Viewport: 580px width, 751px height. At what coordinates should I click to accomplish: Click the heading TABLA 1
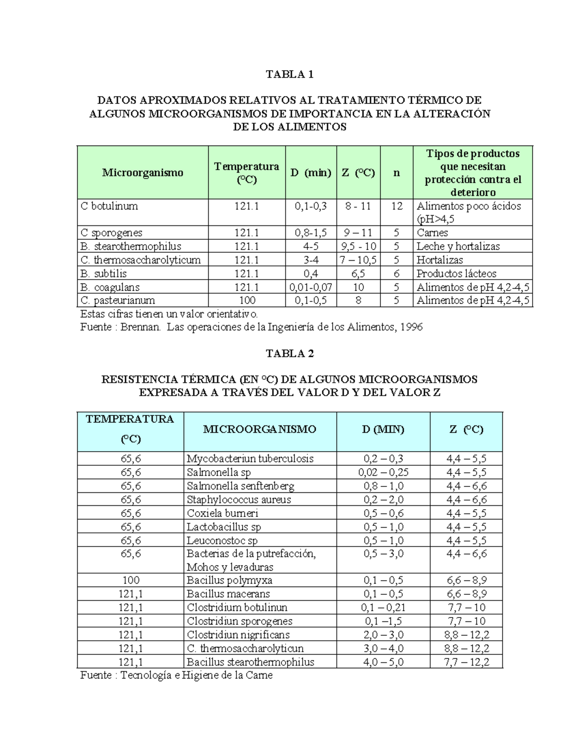(290, 74)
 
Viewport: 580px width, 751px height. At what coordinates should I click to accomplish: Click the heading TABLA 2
(290, 353)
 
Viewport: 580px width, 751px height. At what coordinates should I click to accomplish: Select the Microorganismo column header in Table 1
(143, 173)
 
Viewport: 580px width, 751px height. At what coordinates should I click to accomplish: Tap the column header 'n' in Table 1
(396, 173)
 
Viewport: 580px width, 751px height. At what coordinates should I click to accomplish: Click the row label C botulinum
(109, 206)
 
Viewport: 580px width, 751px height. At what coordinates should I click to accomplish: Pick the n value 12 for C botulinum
(396, 206)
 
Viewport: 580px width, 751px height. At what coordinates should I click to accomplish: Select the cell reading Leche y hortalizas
(458, 246)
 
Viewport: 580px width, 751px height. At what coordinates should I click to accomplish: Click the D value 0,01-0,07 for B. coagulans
(311, 287)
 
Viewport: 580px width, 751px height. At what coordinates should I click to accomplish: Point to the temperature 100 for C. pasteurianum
(246, 300)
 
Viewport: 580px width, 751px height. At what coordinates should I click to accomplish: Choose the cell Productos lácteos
(456, 274)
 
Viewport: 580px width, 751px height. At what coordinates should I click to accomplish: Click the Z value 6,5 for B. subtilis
(358, 274)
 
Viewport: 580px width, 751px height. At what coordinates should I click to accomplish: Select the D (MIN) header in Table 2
(383, 429)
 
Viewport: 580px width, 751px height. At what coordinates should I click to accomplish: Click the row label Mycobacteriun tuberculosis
(250, 458)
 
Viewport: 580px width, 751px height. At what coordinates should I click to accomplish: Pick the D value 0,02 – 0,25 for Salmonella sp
(383, 472)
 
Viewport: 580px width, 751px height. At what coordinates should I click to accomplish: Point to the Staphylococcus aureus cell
(239, 500)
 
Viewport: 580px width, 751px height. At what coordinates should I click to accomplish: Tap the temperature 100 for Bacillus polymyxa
(130, 580)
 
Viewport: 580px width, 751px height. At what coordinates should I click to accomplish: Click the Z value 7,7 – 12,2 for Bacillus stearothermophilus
(466, 662)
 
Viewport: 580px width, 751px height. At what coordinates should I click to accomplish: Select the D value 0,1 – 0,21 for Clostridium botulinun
(383, 607)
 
